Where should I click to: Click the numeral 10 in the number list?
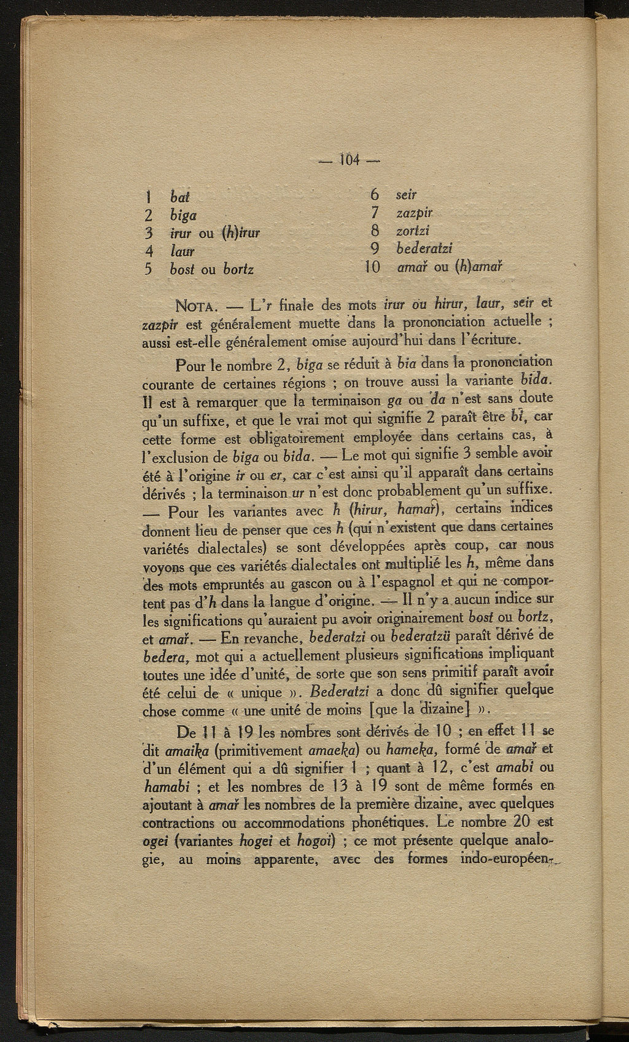372,267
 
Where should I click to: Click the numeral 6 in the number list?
375,195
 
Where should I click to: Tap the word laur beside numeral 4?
182,251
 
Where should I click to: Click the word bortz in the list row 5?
238,269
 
